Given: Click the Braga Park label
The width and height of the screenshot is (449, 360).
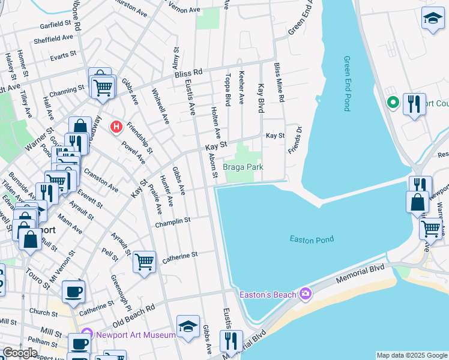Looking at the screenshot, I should coord(243,167).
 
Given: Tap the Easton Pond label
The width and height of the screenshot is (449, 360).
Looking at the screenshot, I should coord(312,239).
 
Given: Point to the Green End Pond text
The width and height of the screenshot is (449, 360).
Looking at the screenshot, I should coord(347,83).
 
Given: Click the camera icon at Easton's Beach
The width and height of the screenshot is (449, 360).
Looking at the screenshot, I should coord(306,293).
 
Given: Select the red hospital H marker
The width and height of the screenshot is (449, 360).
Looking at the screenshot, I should coord(116,127).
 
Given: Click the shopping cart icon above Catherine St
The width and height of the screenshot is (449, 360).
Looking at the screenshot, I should coord(144,262).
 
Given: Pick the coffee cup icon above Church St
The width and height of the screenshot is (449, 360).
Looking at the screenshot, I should coord(74,292).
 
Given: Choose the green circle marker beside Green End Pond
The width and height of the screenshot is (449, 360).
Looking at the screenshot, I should coord(394,103).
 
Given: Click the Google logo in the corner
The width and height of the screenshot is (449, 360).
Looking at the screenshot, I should coord(20,353).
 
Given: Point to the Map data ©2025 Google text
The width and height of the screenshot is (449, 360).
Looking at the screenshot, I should coord(412,355).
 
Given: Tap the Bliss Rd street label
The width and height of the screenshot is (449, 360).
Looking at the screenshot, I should coord(189,73).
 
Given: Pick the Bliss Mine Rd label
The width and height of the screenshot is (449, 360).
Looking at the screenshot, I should coord(278,82).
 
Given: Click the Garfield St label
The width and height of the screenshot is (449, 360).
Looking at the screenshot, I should coord(55,25).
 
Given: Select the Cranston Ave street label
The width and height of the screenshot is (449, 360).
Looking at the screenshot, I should coord(100,179).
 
